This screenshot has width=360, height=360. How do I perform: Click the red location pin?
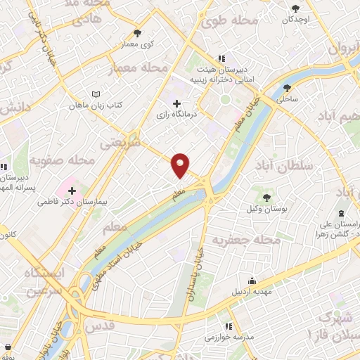pos(181,165)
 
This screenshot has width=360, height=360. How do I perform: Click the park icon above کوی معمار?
pos(137,32)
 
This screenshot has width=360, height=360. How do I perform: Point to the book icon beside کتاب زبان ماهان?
pos(96,94)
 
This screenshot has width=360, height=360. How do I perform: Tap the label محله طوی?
pos(224,22)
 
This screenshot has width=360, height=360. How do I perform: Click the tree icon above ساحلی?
pos(288,88)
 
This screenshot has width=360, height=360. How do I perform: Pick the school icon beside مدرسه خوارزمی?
pos(229,326)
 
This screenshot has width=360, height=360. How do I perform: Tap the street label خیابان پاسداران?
pos(196,275)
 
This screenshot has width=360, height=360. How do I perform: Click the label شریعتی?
pos(120,143)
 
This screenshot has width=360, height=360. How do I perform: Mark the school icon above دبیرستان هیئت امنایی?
pos(221,58)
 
